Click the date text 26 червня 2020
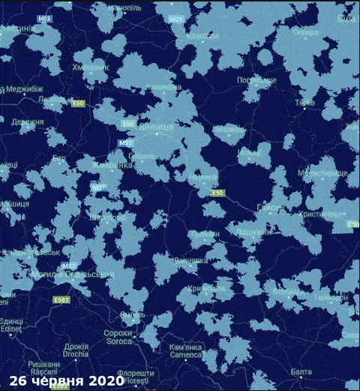(x=62, y=381)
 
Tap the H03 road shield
(x=45, y=19)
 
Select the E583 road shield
(x=62, y=300)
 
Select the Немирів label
(x=203, y=178)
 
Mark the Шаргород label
(x=106, y=218)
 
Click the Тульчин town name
(x=205, y=234)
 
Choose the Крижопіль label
(x=207, y=288)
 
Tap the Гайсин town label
(x=269, y=208)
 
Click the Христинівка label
(x=321, y=214)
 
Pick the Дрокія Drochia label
(x=76, y=350)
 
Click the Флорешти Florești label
(x=136, y=376)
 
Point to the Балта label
(x=301, y=372)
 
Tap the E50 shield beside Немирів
(x=217, y=194)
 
